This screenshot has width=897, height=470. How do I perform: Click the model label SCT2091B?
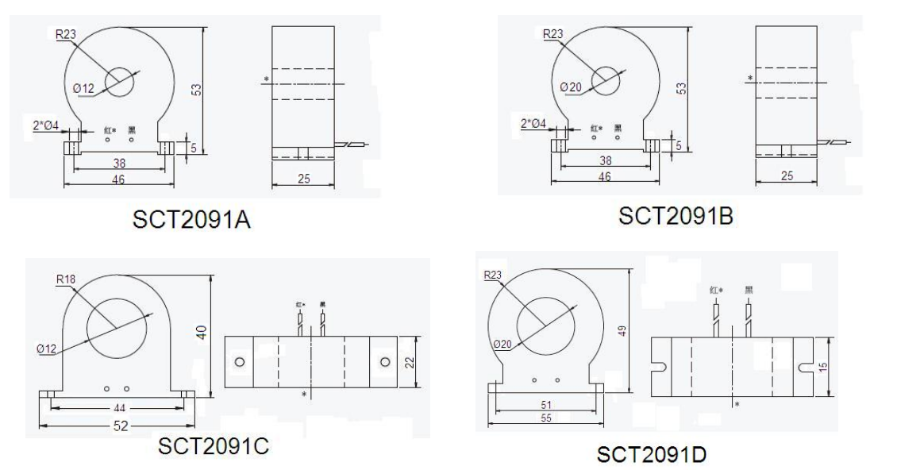click(676, 215)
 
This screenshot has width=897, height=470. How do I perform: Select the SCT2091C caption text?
click(214, 447)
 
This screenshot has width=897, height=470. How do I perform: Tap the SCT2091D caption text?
click(652, 455)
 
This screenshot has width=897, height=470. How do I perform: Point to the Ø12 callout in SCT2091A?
click(84, 89)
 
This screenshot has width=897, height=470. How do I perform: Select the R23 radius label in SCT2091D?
click(493, 275)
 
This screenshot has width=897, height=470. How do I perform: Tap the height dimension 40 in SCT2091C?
click(203, 336)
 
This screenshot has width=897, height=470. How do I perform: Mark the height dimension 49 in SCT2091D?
click(622, 329)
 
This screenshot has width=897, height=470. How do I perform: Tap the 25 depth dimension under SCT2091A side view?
click(304, 180)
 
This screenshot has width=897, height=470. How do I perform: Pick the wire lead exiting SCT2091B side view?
click(833, 142)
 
